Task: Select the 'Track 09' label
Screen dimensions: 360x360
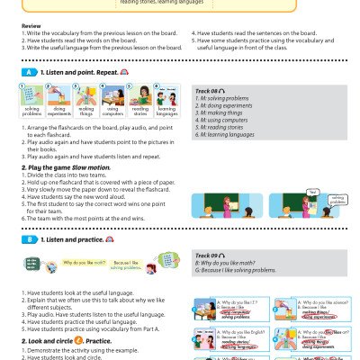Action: tap(211, 256)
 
